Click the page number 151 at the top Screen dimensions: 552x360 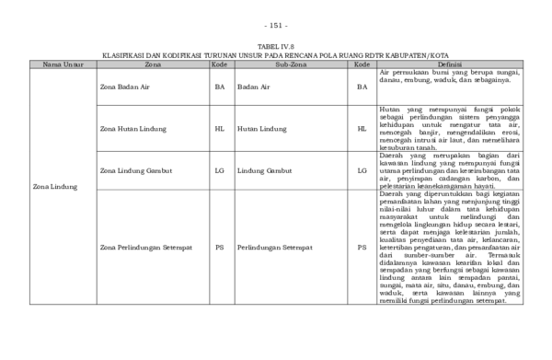pos(275,25)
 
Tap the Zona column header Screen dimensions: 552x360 pos(153,64)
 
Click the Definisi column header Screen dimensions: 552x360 pos(450,64)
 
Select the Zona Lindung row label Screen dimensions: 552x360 pos(53,187)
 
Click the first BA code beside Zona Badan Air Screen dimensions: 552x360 pos(219,87)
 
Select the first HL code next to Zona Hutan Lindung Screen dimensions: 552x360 pos(219,129)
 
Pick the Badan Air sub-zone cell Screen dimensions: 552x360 pos(253,87)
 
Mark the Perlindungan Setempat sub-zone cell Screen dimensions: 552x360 pos(271,248)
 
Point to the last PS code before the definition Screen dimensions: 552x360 pos(362,248)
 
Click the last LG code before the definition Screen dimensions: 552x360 pos(362,170)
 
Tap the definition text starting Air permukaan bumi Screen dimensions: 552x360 pos(450,75)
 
